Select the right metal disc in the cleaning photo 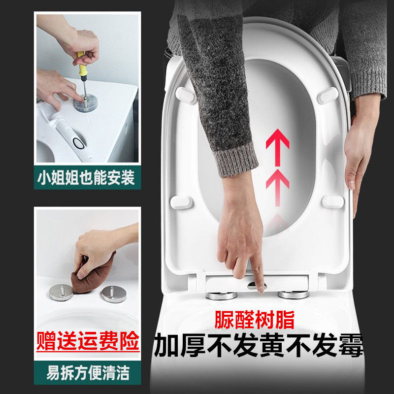[113, 295]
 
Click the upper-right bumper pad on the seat [328, 95]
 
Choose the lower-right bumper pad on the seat [333, 201]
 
